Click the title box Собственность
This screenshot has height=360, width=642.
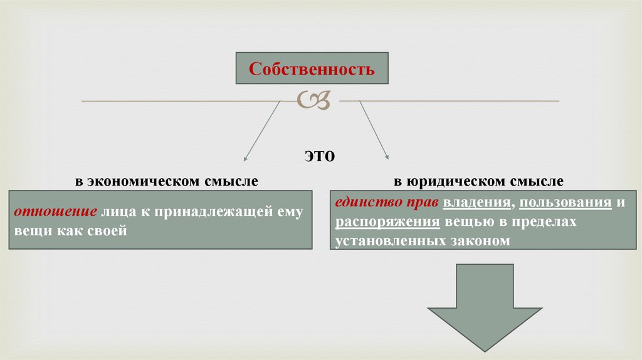click(x=312, y=69)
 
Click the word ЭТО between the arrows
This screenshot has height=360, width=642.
click(x=320, y=156)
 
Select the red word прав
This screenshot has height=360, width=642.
click(x=424, y=203)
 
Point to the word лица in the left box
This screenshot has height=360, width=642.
click(x=118, y=212)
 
